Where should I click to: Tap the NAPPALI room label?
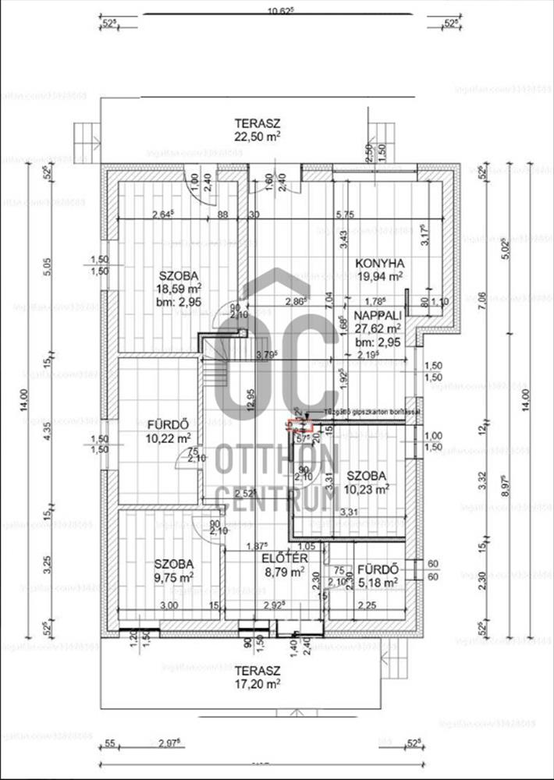point(378,315)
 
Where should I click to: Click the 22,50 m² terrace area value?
point(257,136)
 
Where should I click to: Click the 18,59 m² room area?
point(179,289)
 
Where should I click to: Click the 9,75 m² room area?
point(173,577)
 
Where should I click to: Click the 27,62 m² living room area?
point(378,328)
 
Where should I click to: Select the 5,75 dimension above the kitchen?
point(344,214)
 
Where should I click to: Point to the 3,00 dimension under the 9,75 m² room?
point(168,605)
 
